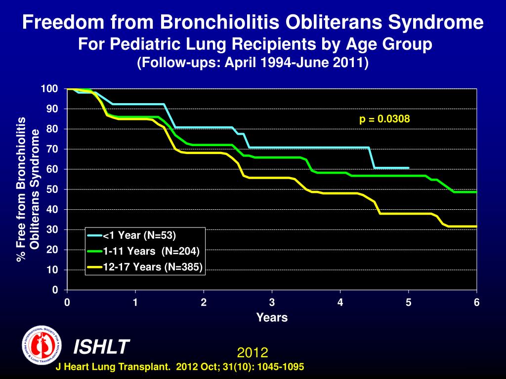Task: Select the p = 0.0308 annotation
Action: point(385,119)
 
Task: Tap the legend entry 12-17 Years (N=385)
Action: point(152,267)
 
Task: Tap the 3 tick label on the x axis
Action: point(272,303)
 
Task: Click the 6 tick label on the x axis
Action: point(477,303)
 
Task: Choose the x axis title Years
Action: point(272,318)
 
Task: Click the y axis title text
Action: point(28,189)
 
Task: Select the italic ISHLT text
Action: point(101,347)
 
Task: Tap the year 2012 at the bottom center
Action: point(253,352)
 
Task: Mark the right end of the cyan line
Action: point(408,168)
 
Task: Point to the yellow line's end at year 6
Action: point(476,227)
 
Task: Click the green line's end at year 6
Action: point(476,192)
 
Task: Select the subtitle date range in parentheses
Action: point(253,63)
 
